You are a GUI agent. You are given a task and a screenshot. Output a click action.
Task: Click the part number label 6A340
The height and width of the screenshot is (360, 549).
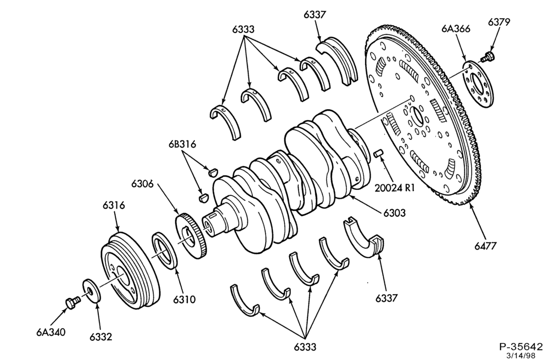[51, 331]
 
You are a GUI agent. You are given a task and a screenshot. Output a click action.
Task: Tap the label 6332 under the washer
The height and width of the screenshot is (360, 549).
[101, 336]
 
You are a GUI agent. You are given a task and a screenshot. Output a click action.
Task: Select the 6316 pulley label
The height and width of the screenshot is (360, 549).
[114, 205]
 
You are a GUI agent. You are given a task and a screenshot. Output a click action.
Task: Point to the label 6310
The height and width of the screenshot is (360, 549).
[184, 300]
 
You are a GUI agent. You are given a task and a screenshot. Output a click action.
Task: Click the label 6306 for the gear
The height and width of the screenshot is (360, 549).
[143, 183]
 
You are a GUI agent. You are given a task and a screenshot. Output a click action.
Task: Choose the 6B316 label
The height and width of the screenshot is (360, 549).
[182, 144]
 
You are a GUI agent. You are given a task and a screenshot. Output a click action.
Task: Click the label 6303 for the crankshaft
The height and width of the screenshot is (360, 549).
[394, 212]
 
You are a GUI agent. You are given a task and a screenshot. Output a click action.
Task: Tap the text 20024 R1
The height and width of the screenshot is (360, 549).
[395, 188]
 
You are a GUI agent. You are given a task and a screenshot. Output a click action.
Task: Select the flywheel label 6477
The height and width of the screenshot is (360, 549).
[486, 246]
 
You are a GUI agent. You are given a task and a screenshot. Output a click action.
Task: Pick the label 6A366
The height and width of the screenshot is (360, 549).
[456, 29]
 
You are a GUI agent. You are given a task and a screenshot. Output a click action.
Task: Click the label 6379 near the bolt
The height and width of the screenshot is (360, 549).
[499, 22]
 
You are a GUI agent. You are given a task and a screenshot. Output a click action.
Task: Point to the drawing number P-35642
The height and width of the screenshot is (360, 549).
[520, 347]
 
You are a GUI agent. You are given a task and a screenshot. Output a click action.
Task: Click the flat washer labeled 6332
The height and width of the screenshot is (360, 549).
[92, 291]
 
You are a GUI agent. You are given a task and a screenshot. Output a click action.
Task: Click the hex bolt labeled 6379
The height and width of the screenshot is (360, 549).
[488, 57]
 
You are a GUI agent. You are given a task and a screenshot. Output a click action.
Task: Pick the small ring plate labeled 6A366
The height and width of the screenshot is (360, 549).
[479, 84]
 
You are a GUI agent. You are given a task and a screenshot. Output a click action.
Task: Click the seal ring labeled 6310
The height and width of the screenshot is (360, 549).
[165, 250]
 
